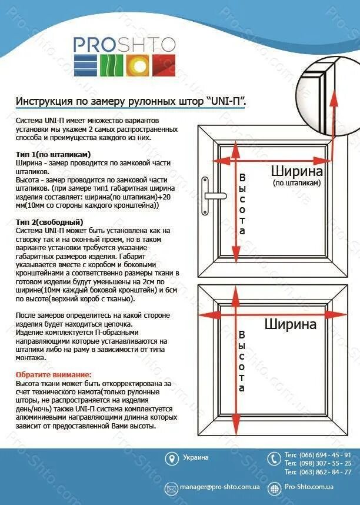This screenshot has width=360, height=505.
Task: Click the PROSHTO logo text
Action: coord(124,44)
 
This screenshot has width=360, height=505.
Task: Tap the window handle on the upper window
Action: coord(208,195)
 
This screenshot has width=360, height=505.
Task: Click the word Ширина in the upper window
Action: coord(296,171)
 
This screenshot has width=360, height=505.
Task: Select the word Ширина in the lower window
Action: coord(290,324)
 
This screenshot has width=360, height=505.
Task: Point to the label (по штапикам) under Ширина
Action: coord(296,183)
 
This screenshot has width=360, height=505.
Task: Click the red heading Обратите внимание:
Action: coord(54,374)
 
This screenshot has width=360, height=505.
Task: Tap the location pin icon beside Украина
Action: coord(171,459)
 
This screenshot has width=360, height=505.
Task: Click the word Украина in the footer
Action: coord(195,457)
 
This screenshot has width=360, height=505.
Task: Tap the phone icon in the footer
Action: coord(274,459)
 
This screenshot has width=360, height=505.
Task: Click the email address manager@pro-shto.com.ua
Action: coord(221,487)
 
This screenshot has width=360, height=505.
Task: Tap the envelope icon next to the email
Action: coord(171,488)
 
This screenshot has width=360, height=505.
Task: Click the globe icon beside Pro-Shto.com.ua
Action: coord(274,488)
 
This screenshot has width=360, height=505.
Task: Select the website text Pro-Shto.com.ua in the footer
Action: coord(309,487)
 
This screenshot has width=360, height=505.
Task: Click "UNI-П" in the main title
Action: coord(225,101)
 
